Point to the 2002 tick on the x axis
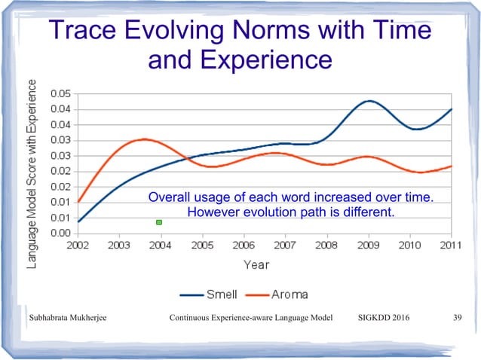tap(78, 246)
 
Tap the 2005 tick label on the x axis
tap(202, 246)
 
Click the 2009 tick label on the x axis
tap(368, 246)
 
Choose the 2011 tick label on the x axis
tap(450, 246)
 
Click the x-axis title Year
tap(257, 264)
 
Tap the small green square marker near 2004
tap(159, 222)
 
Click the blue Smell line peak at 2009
tap(368, 101)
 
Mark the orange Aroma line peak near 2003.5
tap(143, 139)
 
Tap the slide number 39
tap(456, 318)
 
